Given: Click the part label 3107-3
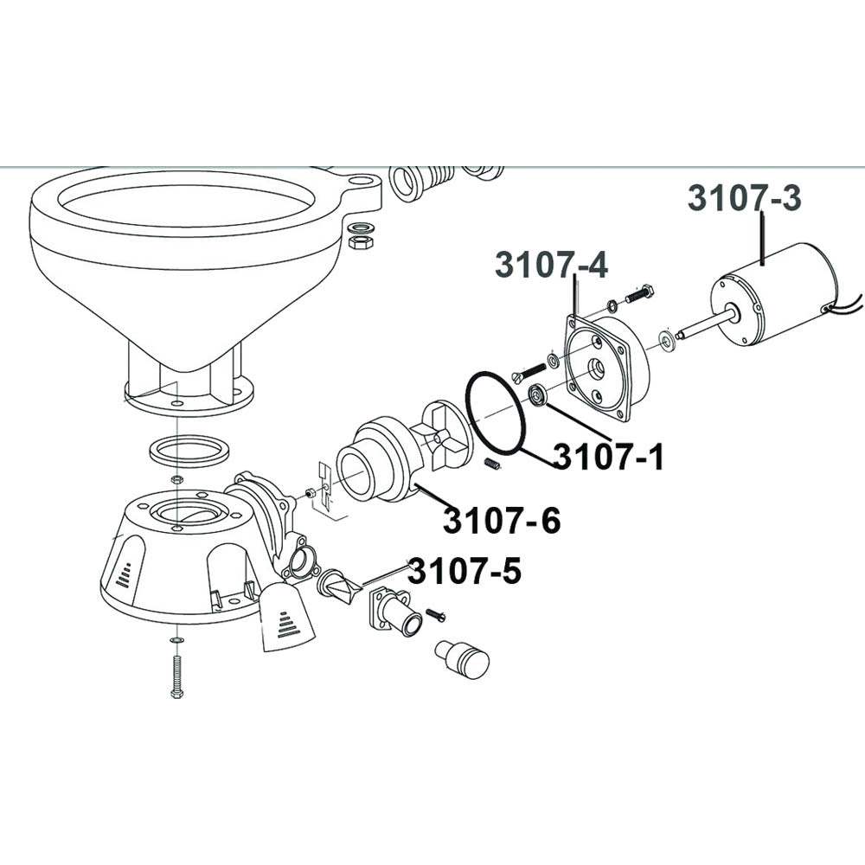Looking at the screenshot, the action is point(744,198).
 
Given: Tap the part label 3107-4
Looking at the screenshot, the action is point(552,264).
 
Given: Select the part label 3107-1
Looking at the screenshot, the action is point(608,457).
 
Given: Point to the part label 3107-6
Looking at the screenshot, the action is point(502,520).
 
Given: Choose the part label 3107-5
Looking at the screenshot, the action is point(465,571).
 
